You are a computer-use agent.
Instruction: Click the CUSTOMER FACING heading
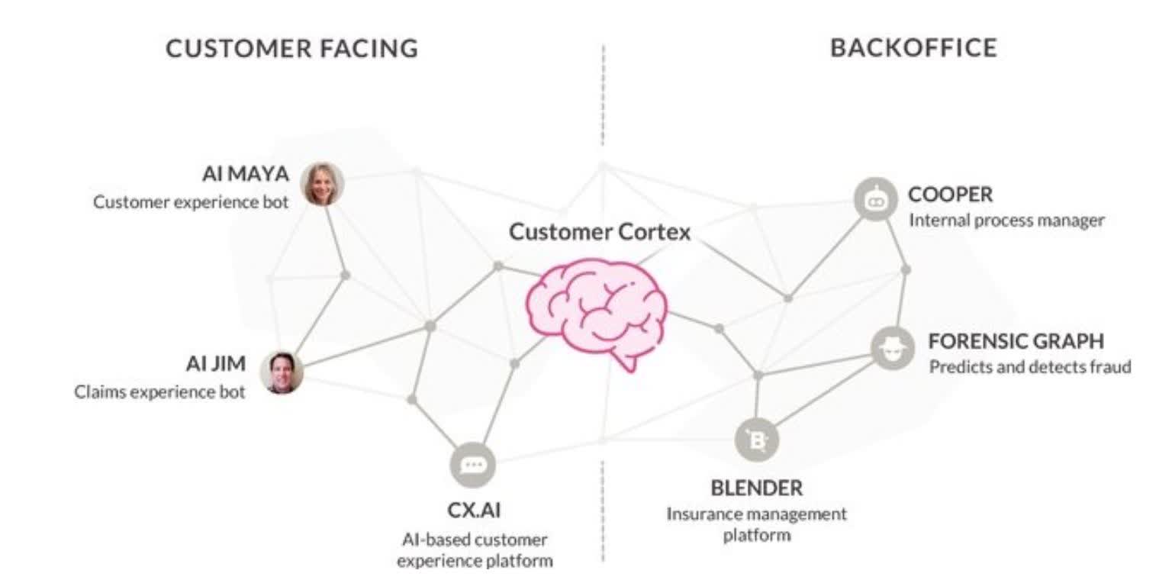click(291, 49)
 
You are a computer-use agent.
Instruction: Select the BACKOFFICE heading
click(913, 48)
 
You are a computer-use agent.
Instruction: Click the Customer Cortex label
click(600, 231)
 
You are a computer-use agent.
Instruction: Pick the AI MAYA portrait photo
click(322, 184)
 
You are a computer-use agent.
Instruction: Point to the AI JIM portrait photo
click(282, 372)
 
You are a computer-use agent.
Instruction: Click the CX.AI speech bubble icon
click(473, 465)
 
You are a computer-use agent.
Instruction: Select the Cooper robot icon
click(874, 199)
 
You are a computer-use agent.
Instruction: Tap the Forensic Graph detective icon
click(892, 349)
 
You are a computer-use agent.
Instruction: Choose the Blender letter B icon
click(757, 440)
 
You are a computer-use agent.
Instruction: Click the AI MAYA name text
click(246, 175)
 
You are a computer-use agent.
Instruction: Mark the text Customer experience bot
click(192, 203)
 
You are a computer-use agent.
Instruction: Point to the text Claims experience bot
click(160, 392)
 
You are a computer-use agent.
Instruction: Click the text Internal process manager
click(1006, 221)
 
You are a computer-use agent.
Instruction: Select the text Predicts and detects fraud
click(1029, 367)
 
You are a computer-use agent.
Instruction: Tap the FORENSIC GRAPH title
click(1016, 340)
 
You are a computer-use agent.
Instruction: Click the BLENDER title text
click(756, 487)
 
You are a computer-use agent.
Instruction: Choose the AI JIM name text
click(216, 364)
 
